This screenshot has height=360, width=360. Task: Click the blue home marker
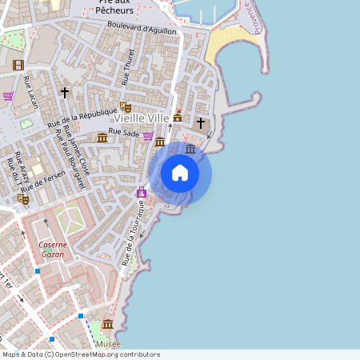[180, 173]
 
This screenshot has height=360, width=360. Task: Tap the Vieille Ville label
[142, 118]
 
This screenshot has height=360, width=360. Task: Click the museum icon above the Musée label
[108, 324]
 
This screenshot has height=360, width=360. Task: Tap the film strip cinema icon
[18, 65]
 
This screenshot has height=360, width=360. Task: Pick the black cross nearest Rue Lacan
[65, 93]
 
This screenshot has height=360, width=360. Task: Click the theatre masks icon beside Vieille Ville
[125, 106]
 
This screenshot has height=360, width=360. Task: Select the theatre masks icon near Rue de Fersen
[22, 198]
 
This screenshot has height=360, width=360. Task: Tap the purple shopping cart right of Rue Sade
[148, 135]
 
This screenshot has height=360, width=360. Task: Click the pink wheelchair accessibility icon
[142, 193]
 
